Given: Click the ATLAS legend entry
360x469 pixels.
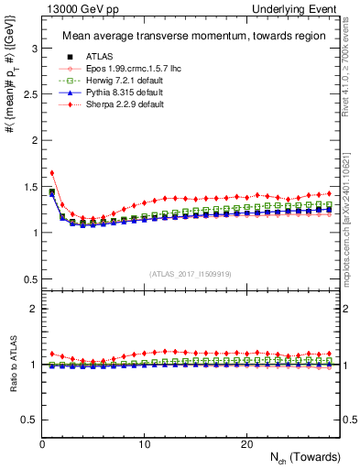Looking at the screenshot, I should coord(90,57).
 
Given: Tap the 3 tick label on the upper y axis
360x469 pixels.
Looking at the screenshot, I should coord(31,45).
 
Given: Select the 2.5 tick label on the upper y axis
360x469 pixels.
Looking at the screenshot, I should coord(27,92).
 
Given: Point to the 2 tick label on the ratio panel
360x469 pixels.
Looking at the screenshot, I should coord(31,309).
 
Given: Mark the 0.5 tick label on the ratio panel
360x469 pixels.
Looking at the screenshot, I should coord(27,420).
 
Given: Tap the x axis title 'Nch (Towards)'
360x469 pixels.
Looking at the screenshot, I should coord(301,457).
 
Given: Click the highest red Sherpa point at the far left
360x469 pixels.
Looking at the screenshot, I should coord(52,172).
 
